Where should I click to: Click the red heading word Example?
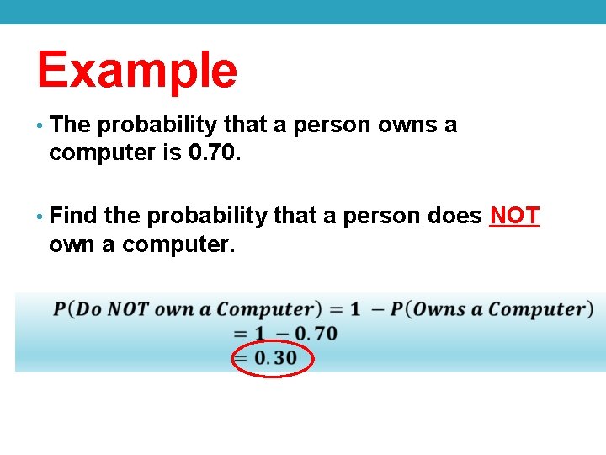(x=137, y=70)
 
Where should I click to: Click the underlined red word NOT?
(x=514, y=217)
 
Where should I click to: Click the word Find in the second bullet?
(x=74, y=217)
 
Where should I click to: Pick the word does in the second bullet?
(x=454, y=217)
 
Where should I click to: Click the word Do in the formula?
(x=89, y=309)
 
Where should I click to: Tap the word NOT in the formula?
(x=129, y=309)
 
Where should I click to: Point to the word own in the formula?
(x=175, y=309)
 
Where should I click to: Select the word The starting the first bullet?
(x=70, y=125)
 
